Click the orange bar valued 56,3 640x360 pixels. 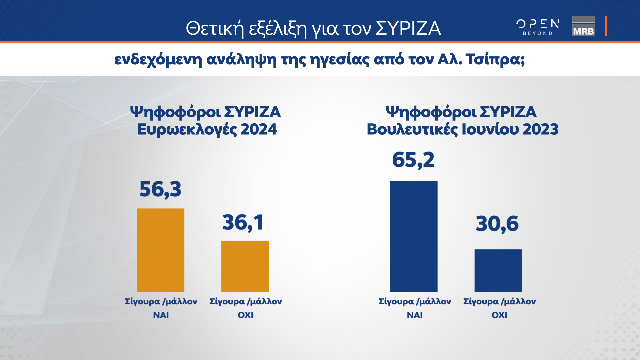coord(160,250)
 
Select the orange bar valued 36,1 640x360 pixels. coord(245,266)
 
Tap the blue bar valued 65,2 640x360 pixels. coord(414,236)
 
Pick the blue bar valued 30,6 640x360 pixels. coord(498,270)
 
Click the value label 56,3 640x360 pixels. coord(160,189)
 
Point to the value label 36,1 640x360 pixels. coord(243,223)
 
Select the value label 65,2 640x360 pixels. coord(413,160)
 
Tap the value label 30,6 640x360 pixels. coord(497,224)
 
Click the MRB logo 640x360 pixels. coord(583,26)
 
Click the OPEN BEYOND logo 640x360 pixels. coord(538,27)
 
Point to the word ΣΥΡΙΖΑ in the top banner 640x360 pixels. coord(408,28)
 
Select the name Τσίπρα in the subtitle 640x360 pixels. coord(495,59)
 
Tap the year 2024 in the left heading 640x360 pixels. coord(259,129)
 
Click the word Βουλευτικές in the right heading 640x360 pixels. coord(412,129)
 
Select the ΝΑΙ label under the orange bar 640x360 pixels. coord(161,315)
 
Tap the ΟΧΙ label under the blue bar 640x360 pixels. coord(499,315)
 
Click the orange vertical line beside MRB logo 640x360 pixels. coord(606,26)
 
